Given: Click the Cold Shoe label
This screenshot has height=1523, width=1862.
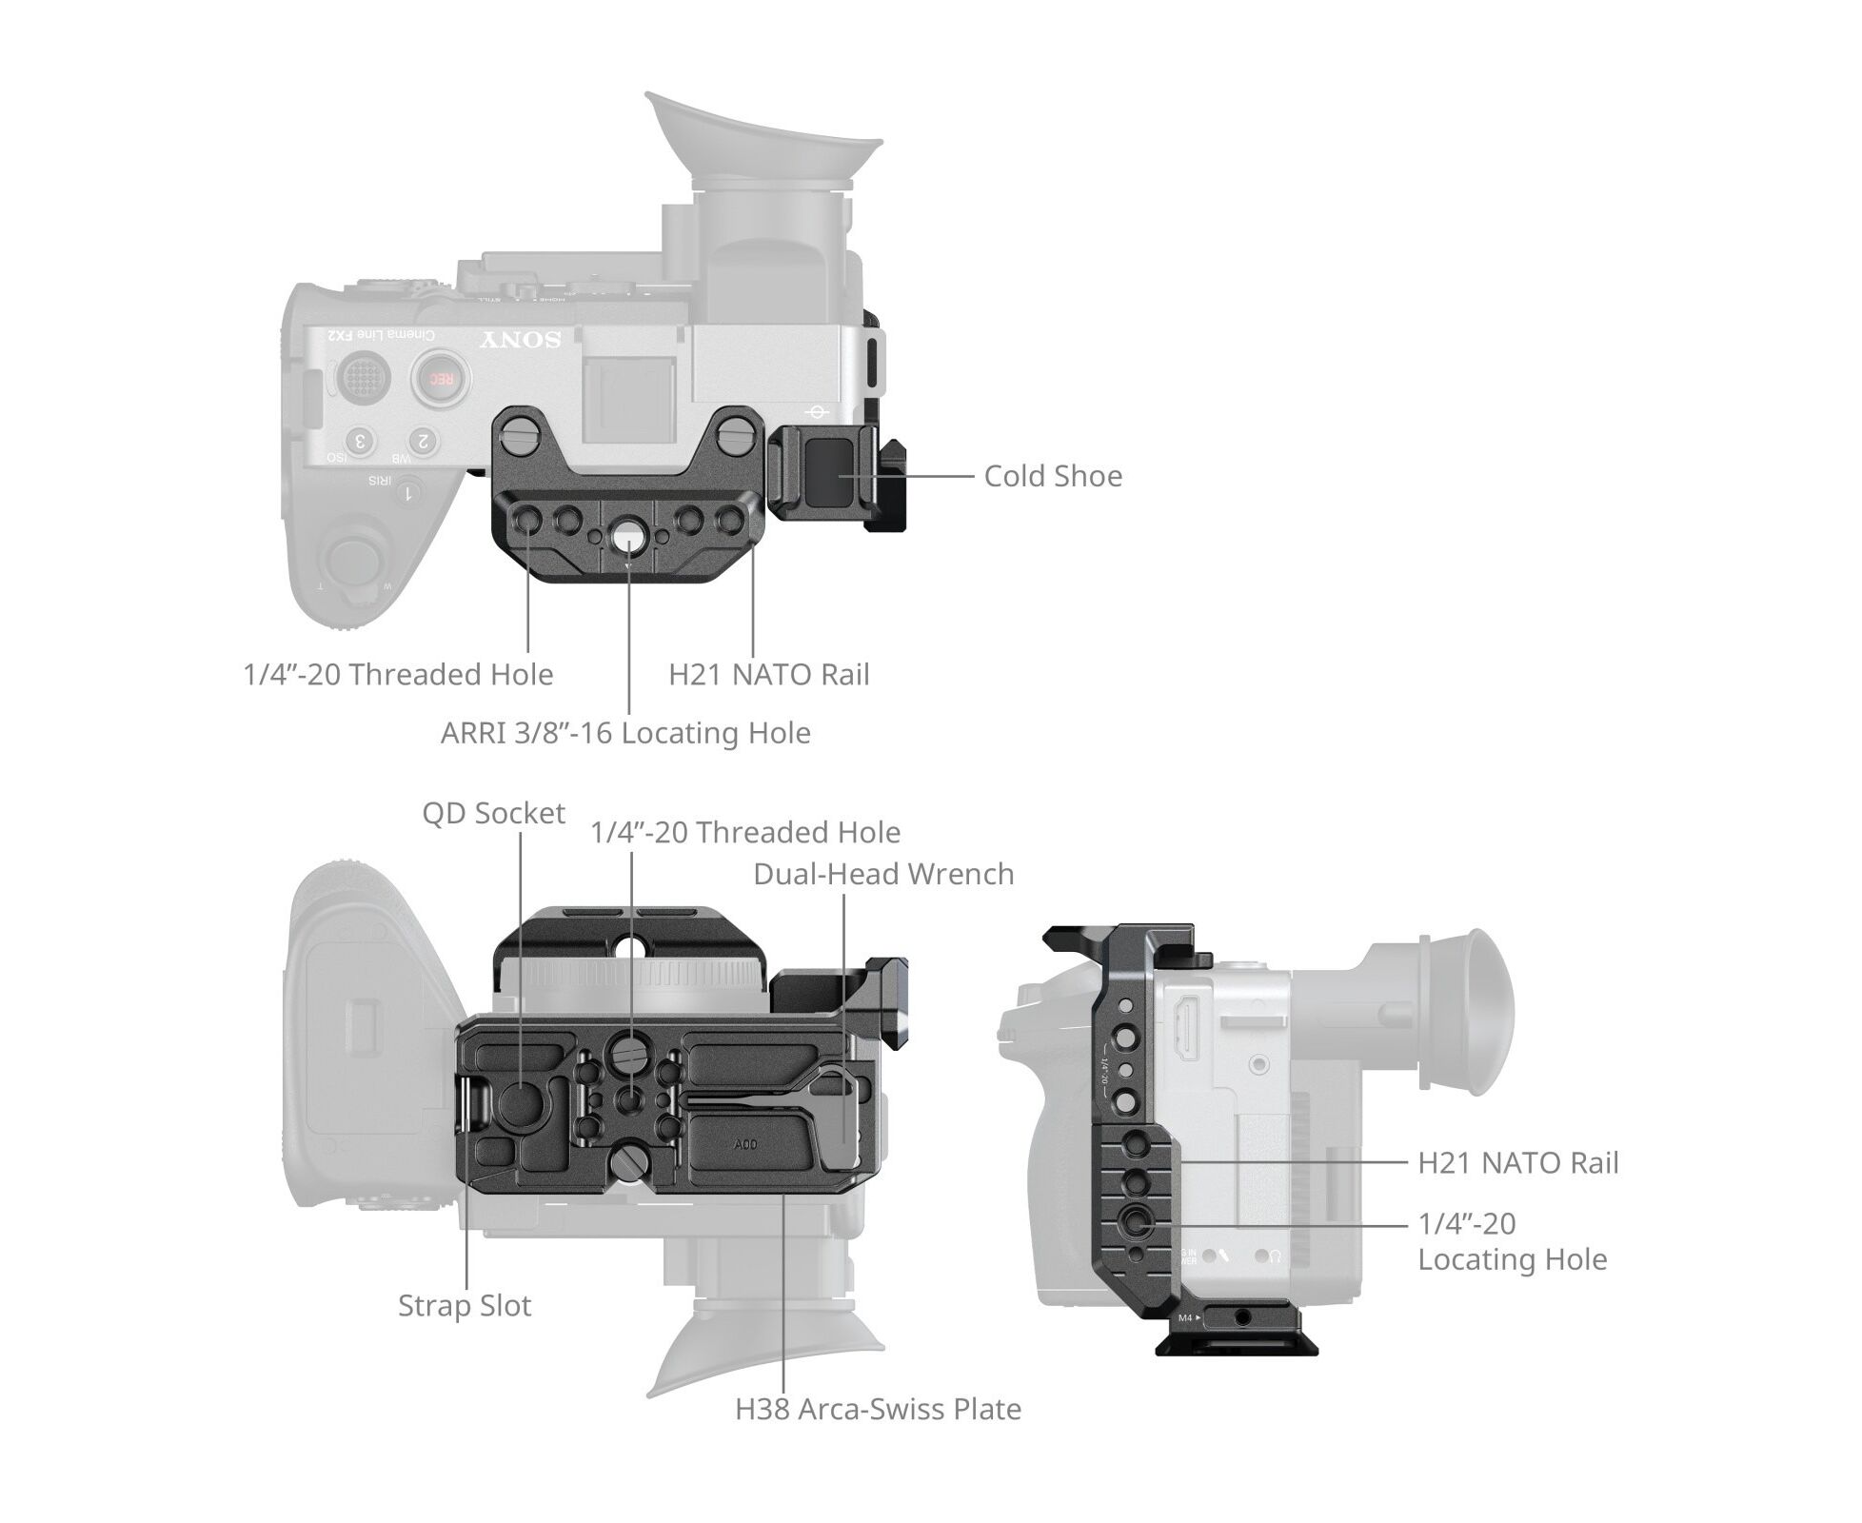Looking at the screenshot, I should coord(1052,476).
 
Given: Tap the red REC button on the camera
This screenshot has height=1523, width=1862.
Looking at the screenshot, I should coord(440,378).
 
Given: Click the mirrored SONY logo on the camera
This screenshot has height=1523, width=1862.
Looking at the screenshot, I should coord(520,340).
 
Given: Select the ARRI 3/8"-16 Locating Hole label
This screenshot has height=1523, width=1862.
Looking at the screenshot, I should coord(625,733).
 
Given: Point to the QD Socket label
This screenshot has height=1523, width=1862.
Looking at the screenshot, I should coord(493,813).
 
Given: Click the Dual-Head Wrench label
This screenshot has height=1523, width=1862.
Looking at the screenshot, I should coord(882,874).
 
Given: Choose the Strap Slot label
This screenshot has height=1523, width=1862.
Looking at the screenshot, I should coord(464,1305).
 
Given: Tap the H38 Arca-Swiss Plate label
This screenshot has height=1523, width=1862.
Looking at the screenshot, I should coord(877,1409).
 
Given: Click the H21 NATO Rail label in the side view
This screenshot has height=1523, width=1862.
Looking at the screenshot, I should coord(1517,1162).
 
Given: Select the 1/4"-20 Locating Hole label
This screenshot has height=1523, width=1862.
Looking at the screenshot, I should coord(1512,1241).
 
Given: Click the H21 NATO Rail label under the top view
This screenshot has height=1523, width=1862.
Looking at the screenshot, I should coord(768,675).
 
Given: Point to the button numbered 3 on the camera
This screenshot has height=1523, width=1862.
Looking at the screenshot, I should coord(360,441).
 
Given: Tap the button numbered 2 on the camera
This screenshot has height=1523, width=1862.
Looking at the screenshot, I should coord(423,441).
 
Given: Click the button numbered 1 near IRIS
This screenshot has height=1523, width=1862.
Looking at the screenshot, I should coord(409,493).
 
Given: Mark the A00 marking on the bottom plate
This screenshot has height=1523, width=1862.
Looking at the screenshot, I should coord(745,1143).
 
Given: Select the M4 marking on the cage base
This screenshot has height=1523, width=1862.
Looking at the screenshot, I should coord(1184,1318).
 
